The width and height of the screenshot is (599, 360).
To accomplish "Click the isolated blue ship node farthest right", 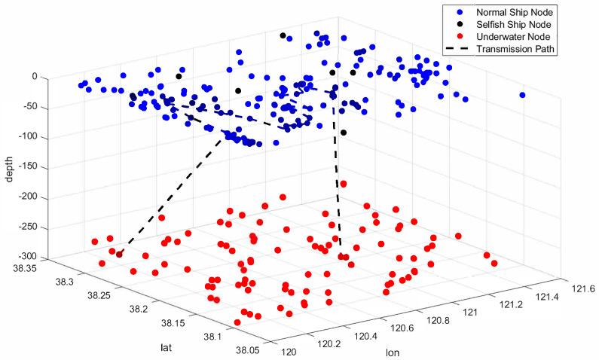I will coord(522,95).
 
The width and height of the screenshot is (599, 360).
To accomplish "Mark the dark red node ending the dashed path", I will coord(119,255).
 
